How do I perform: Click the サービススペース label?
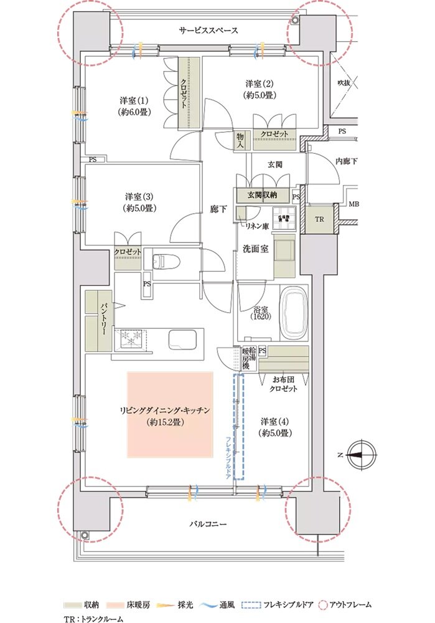tap(208, 30)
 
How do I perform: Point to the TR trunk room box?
tap(319, 220)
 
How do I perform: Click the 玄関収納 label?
tap(263, 194)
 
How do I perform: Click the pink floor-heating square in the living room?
tap(170, 414)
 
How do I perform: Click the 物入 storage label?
tap(240, 140)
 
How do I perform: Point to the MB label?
tap(353, 204)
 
